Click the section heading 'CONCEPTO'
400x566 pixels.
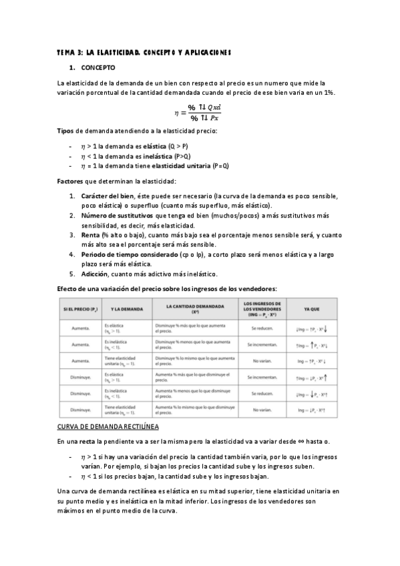tap(98, 68)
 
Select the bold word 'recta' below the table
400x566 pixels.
tap(85, 442)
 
